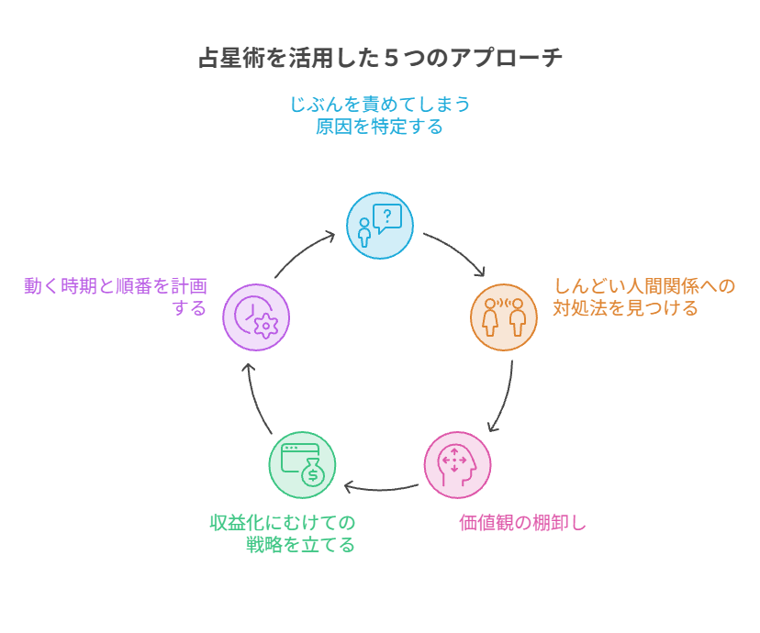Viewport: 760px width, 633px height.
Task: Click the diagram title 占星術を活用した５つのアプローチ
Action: point(381,58)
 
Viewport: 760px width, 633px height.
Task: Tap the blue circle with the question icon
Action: point(380,226)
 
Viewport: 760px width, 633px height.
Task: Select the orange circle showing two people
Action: point(504,317)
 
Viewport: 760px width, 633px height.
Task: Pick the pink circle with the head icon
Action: point(457,465)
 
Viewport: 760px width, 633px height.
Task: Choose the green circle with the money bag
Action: point(303,465)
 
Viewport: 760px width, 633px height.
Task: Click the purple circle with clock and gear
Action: point(256,317)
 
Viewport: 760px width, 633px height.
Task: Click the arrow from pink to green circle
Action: point(381,489)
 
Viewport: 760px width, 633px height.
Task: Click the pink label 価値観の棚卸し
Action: point(522,523)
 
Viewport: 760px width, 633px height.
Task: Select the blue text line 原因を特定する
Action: point(379,127)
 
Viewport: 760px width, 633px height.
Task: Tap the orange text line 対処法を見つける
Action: point(625,308)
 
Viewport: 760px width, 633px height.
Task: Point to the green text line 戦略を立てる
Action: point(300,545)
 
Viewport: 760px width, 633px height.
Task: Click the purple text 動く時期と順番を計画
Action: point(116,285)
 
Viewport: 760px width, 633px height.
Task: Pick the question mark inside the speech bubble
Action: point(387,216)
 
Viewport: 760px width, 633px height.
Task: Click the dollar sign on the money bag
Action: point(313,474)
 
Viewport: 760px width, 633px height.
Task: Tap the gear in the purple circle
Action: point(265,326)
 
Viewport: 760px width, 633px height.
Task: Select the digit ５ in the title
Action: point(392,58)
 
